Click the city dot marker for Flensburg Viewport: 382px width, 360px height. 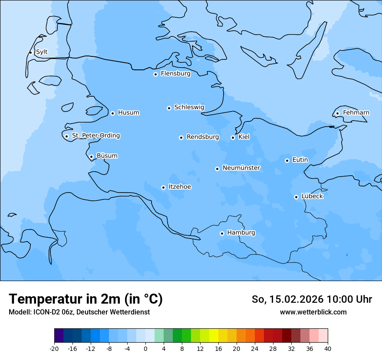point(155,74)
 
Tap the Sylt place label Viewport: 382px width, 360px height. point(42,52)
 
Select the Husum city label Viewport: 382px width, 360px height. point(128,113)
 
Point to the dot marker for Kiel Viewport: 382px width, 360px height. point(233,137)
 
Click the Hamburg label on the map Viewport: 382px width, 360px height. point(241,232)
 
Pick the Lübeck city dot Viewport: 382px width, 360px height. point(296,197)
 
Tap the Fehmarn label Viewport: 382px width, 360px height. point(356,113)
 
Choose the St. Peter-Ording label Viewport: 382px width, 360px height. point(96,136)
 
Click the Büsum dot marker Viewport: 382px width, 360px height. point(91,157)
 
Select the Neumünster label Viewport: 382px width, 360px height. point(241,168)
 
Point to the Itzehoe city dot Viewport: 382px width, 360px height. point(163,187)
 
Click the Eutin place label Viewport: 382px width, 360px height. point(300,160)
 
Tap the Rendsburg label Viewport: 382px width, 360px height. point(203,137)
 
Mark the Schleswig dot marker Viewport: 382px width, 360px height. point(169,108)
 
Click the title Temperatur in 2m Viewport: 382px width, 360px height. point(86,299)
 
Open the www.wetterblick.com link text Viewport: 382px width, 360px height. point(313,312)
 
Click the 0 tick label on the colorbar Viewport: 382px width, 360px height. point(145,348)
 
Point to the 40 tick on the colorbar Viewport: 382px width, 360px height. point(327,348)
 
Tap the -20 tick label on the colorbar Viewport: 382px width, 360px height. point(54,348)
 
